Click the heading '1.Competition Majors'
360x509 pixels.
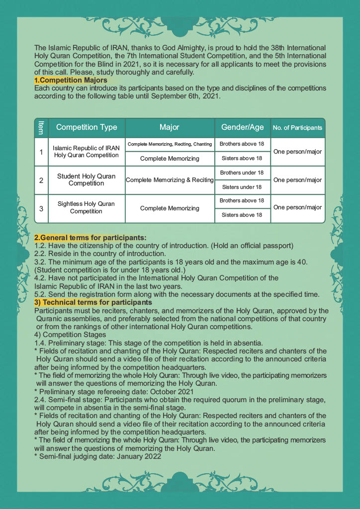71,80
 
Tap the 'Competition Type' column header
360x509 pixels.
87,127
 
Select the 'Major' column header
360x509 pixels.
170,127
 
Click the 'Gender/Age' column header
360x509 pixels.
242,127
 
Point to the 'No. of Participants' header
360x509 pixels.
297,128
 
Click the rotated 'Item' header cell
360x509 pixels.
41,128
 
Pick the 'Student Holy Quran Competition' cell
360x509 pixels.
87,180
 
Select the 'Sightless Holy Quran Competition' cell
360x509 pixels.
87,208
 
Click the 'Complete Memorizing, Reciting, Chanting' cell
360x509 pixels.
170,144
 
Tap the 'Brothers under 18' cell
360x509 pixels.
242,172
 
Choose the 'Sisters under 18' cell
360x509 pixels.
242,187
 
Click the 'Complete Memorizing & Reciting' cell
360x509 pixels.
170,180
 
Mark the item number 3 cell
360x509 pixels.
41,208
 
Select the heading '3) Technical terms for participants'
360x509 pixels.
93,303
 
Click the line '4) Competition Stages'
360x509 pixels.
71,335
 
